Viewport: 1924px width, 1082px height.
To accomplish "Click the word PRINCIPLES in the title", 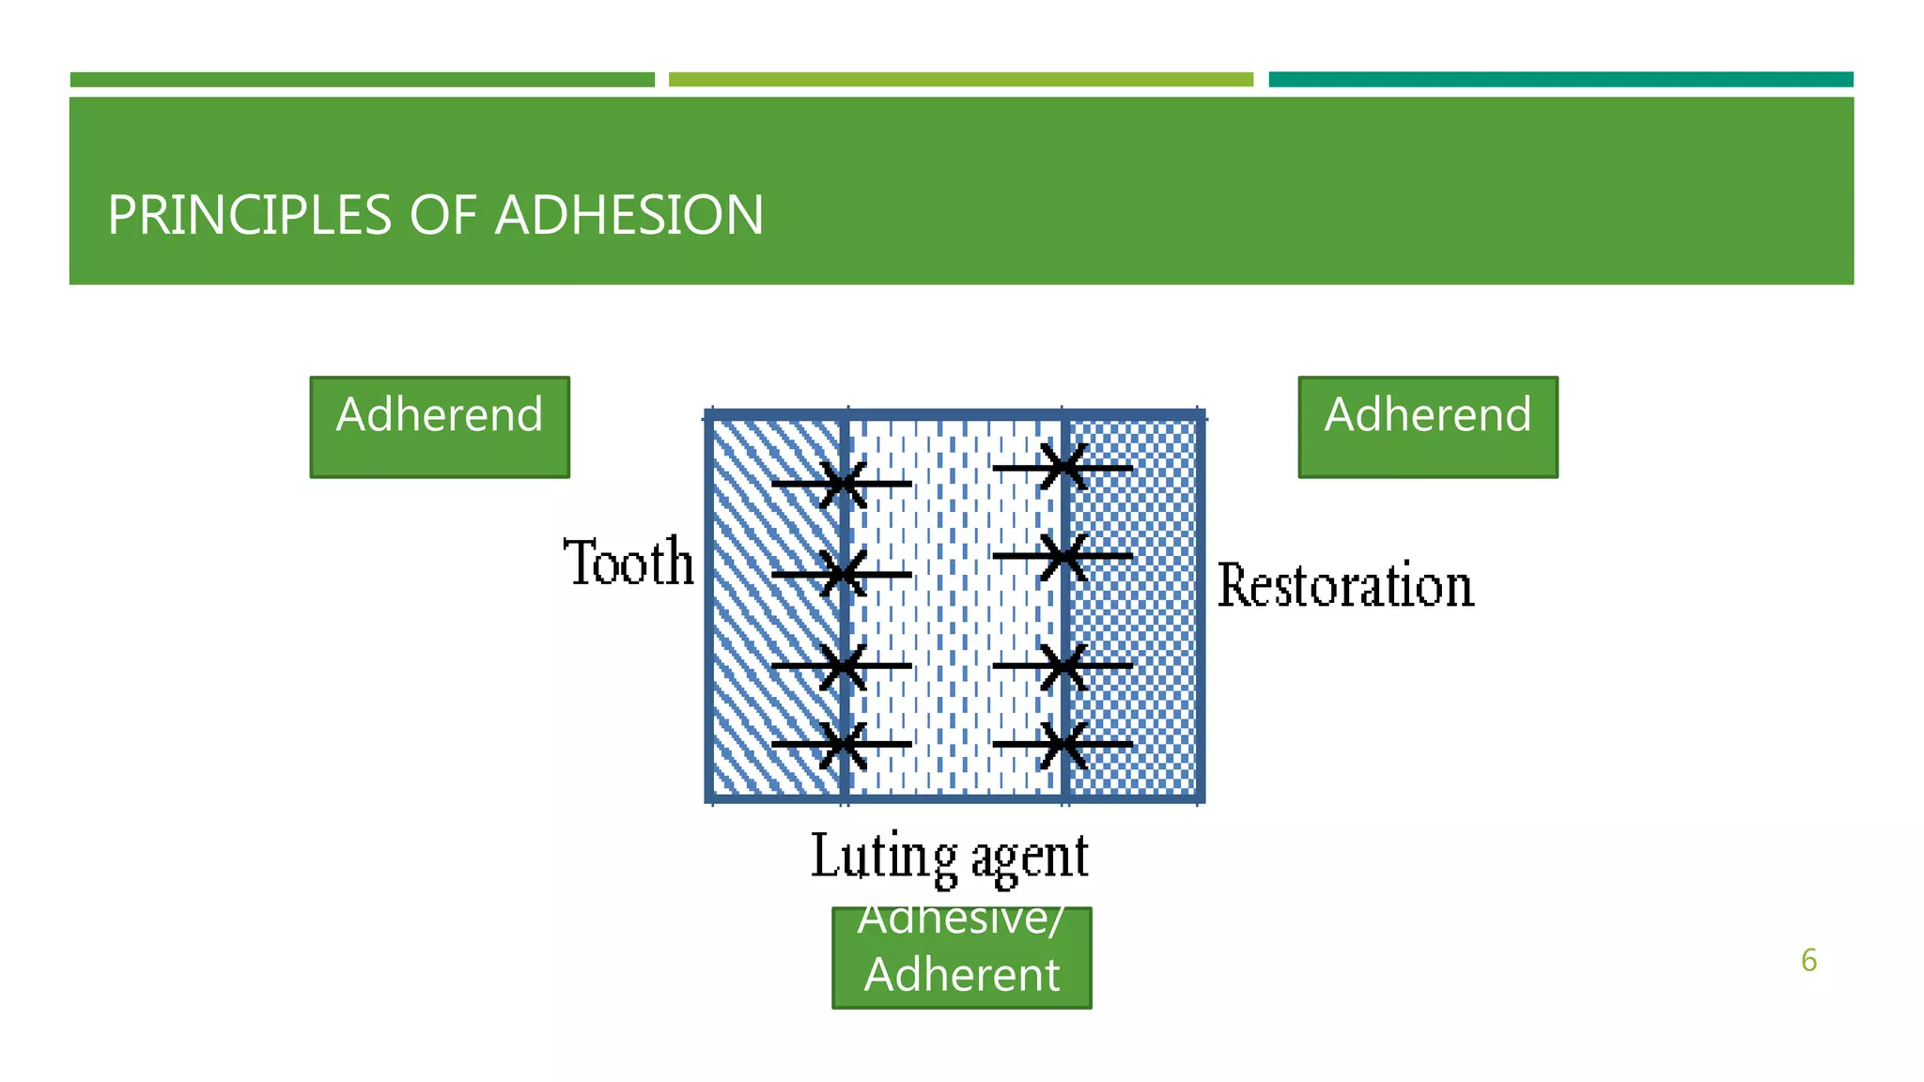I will pyautogui.click(x=248, y=215).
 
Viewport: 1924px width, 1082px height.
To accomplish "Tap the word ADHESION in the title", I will pyautogui.click(x=628, y=215).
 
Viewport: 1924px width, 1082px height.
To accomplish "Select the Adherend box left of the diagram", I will pyautogui.click(x=440, y=427).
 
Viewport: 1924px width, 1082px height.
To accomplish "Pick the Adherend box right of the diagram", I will pyautogui.click(x=1427, y=427).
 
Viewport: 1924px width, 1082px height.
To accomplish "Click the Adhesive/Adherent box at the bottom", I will pyautogui.click(x=961, y=958).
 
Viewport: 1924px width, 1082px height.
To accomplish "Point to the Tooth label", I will pyautogui.click(x=628, y=563).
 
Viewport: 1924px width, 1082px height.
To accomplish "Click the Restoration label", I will pyautogui.click(x=1345, y=585).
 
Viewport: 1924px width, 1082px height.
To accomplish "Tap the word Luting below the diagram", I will pyautogui.click(x=883, y=857).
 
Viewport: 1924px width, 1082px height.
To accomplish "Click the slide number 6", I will pyautogui.click(x=1808, y=960).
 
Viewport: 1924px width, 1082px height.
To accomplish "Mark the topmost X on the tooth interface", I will pyautogui.click(x=843, y=485).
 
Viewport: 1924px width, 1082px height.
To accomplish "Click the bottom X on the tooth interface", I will pyautogui.click(x=843, y=744).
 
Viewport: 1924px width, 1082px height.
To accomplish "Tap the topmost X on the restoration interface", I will pyautogui.click(x=1063, y=467).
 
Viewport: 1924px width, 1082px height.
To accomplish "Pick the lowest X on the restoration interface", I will pyautogui.click(x=1063, y=744).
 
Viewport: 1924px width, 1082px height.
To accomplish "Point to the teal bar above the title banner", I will pyautogui.click(x=1560, y=80).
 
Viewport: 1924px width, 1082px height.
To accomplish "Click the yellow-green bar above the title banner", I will pyautogui.click(x=960, y=80).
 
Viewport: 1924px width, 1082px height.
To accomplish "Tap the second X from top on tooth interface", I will pyautogui.click(x=843, y=574).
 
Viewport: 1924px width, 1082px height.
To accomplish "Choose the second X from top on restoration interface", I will pyautogui.click(x=1063, y=556).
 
